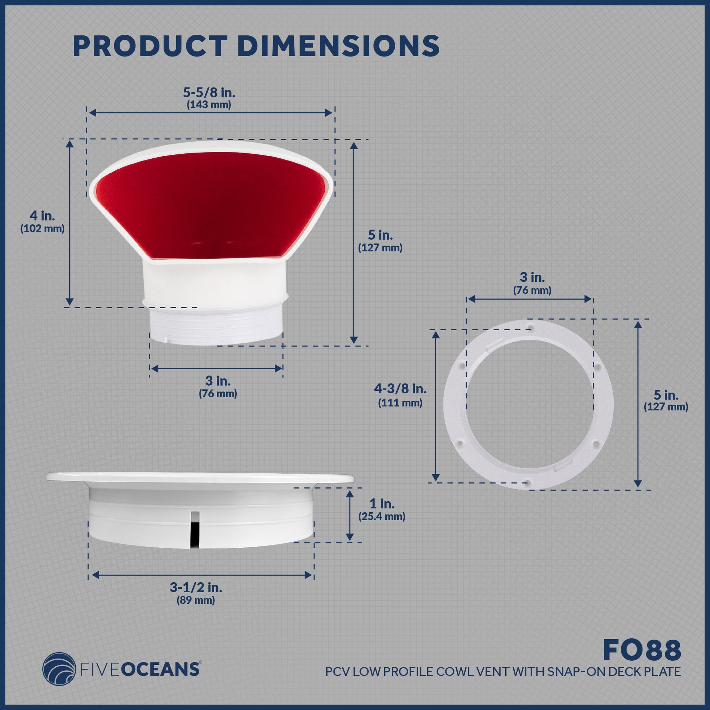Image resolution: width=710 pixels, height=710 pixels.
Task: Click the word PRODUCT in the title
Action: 148,46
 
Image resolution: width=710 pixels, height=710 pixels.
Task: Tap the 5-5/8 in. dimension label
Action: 209,92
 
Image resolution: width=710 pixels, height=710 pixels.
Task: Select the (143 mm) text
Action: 209,105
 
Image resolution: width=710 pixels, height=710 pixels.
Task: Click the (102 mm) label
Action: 42,229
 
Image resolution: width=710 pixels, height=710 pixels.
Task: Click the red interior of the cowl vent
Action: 209,206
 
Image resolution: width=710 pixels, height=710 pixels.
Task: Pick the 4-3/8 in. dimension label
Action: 400,389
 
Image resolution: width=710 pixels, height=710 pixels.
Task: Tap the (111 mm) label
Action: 400,403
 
